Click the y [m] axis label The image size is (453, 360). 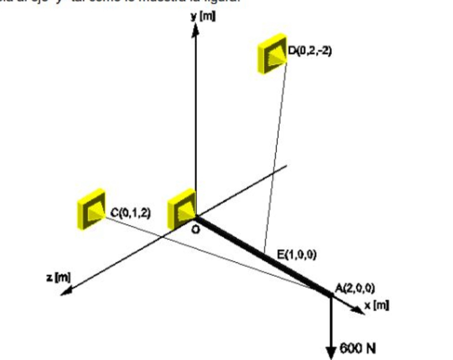[203, 17]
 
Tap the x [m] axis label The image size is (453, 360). [376, 305]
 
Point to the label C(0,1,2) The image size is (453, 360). [130, 213]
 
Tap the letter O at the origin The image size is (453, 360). [196, 230]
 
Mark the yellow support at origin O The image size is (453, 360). [182, 209]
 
